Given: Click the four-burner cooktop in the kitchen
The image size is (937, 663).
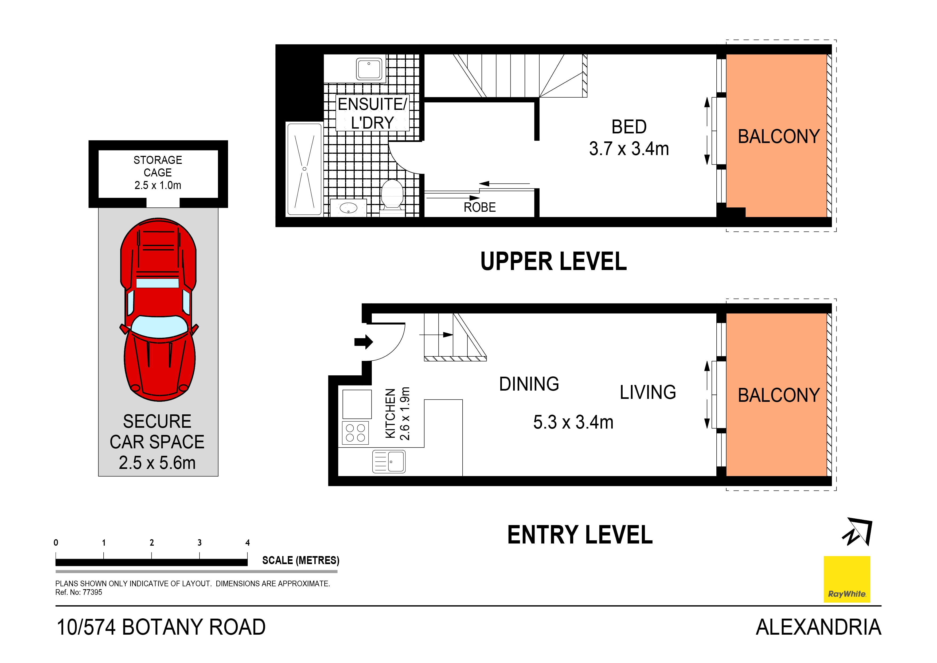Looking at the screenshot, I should [x=355, y=433].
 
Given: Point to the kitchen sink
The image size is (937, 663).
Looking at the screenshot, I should [x=389, y=462].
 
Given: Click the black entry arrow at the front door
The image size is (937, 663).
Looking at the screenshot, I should [x=363, y=341].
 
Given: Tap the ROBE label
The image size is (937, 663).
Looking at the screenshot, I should [x=479, y=207].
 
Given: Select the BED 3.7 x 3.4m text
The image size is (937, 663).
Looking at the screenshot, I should [x=628, y=138].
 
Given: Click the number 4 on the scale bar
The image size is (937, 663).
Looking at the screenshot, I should [x=247, y=542].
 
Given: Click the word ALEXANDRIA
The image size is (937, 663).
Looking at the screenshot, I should [x=818, y=627].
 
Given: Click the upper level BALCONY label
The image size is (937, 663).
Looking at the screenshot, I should [x=778, y=136].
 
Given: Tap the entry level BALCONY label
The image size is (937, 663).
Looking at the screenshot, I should [x=778, y=395].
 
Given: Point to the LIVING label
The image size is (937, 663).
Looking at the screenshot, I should [x=648, y=392].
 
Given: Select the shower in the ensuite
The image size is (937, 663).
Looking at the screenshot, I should [x=304, y=169].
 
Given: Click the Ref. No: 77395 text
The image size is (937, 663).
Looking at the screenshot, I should [x=79, y=592].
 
